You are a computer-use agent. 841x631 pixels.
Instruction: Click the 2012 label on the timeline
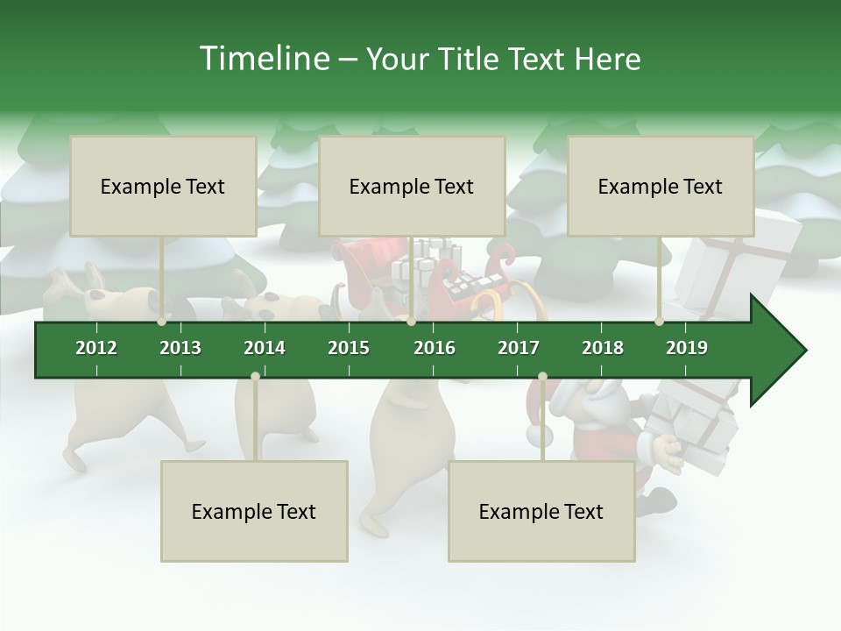pyautogui.click(x=96, y=348)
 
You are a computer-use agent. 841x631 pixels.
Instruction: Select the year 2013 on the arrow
pyautogui.click(x=180, y=348)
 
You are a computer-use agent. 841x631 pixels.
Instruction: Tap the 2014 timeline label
pyautogui.click(x=265, y=348)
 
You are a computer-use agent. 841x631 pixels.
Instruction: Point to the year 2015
pyautogui.click(x=349, y=348)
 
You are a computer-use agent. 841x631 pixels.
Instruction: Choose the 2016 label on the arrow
pyautogui.click(x=435, y=348)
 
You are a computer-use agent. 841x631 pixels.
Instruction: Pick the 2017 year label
pyautogui.click(x=519, y=348)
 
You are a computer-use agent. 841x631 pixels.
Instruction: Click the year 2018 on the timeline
pyautogui.click(x=603, y=348)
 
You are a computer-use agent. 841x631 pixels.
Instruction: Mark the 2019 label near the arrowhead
pyautogui.click(x=687, y=348)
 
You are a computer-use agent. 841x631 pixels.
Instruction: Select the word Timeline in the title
pyautogui.click(x=263, y=59)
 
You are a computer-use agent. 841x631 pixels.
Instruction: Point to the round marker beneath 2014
pyautogui.click(x=255, y=377)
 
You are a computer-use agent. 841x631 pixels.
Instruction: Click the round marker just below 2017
pyautogui.click(x=542, y=377)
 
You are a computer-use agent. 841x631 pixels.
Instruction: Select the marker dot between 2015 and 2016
pyautogui.click(x=411, y=322)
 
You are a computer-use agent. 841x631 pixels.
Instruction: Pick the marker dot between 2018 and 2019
pyautogui.click(x=660, y=322)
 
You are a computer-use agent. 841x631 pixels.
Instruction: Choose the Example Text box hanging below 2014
pyautogui.click(x=254, y=511)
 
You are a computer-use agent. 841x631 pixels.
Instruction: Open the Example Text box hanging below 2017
pyautogui.click(x=541, y=511)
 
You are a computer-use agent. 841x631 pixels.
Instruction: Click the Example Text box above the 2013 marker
pyautogui.click(x=163, y=186)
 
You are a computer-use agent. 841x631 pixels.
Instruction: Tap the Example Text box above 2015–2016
pyautogui.click(x=412, y=186)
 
